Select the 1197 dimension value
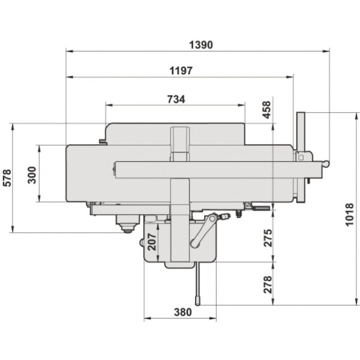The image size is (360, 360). [181, 70]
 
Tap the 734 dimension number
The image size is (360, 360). [175, 98]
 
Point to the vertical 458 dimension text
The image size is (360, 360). [267, 110]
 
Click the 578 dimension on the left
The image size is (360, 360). [6, 178]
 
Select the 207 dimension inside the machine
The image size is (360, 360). [152, 241]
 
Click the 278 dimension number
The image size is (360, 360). [267, 284]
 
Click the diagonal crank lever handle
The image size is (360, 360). [204, 231]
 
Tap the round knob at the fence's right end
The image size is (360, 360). [326, 163]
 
